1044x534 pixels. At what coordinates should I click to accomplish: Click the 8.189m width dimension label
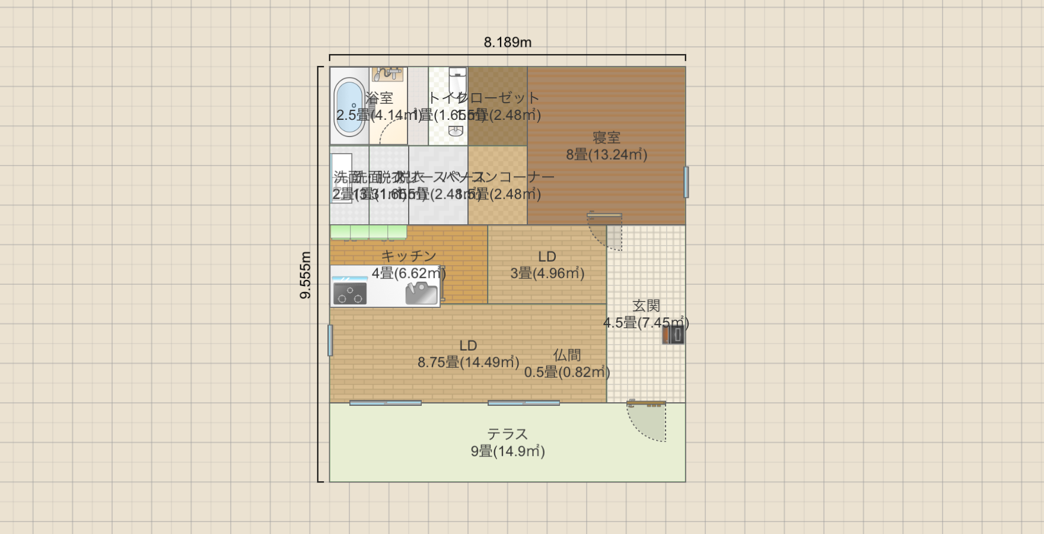(x=507, y=42)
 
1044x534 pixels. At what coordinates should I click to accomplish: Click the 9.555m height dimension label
(x=305, y=275)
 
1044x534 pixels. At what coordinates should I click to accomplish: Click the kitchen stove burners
(x=349, y=293)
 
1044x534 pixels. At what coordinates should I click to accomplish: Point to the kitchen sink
(x=421, y=293)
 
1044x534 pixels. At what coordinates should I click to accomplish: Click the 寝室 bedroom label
(x=606, y=138)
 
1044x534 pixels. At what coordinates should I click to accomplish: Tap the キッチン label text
(x=409, y=256)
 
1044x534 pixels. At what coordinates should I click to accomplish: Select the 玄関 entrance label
(x=646, y=306)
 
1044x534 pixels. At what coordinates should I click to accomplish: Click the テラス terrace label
(x=507, y=434)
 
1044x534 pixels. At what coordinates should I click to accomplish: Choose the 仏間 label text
(x=566, y=355)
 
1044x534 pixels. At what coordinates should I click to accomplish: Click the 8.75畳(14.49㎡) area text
(x=468, y=363)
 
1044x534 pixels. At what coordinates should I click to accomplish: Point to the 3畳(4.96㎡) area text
(x=547, y=274)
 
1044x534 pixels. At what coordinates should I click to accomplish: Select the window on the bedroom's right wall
(x=686, y=182)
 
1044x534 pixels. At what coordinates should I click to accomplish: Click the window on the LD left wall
(x=330, y=340)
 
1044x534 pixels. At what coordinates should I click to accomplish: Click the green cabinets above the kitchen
(x=368, y=232)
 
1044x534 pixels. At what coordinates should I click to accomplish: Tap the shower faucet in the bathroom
(x=387, y=74)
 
